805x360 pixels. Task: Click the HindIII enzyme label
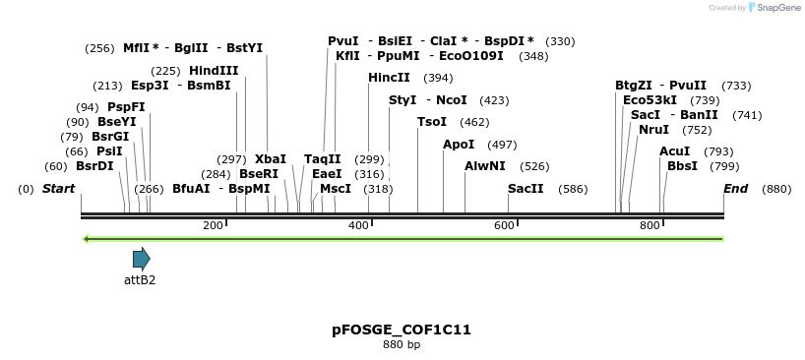214,71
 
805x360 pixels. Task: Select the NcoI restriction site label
452,100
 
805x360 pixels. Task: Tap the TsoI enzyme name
432,122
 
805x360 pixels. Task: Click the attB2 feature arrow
142,259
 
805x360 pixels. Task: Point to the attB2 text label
140,280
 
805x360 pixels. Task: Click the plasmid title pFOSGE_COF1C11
402,330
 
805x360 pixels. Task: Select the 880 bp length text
402,345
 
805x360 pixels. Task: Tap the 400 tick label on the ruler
358,226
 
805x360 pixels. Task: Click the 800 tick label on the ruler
650,226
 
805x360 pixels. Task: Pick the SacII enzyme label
526,189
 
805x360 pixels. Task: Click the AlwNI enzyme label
485,166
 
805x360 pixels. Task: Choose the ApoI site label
459,145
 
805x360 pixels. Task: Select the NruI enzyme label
653,130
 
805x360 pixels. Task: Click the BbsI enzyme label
682,166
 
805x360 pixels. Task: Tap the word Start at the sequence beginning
58,189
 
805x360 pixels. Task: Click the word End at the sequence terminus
735,189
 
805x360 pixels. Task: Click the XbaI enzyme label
271,159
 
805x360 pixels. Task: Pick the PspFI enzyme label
126,107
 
